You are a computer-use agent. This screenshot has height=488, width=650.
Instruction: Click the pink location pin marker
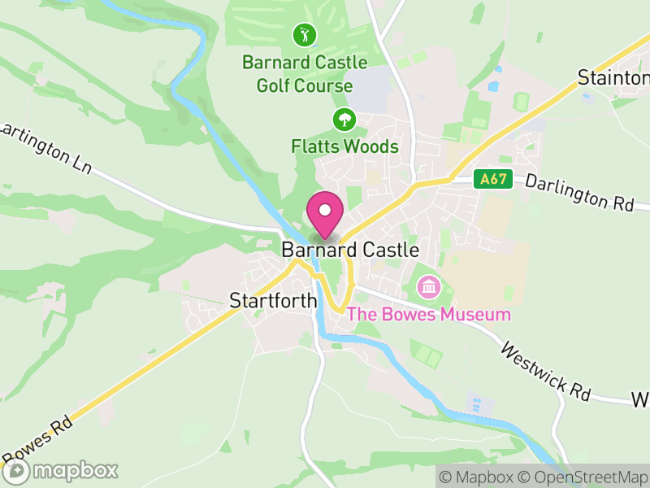coord(325,215)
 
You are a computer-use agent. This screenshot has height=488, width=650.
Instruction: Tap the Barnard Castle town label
coord(350,251)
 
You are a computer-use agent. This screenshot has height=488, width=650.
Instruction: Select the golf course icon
coord(305,35)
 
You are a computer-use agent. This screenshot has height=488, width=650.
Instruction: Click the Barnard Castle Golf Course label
coord(305,74)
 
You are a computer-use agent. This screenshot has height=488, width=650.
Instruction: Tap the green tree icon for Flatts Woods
coord(344,120)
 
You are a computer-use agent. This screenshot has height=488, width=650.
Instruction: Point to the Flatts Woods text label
coord(344,147)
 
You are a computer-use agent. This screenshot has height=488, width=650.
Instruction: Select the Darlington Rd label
coord(578,193)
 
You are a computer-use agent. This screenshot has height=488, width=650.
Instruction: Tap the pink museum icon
coord(427,286)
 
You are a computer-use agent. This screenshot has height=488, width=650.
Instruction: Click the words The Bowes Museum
coord(429,315)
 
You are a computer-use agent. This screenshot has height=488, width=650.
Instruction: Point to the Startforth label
coord(273,301)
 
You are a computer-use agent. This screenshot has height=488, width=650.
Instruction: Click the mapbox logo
coord(61,470)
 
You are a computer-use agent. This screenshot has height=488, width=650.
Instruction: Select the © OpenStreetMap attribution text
coord(583,477)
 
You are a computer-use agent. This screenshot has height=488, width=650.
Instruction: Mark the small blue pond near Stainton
coord(493,85)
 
